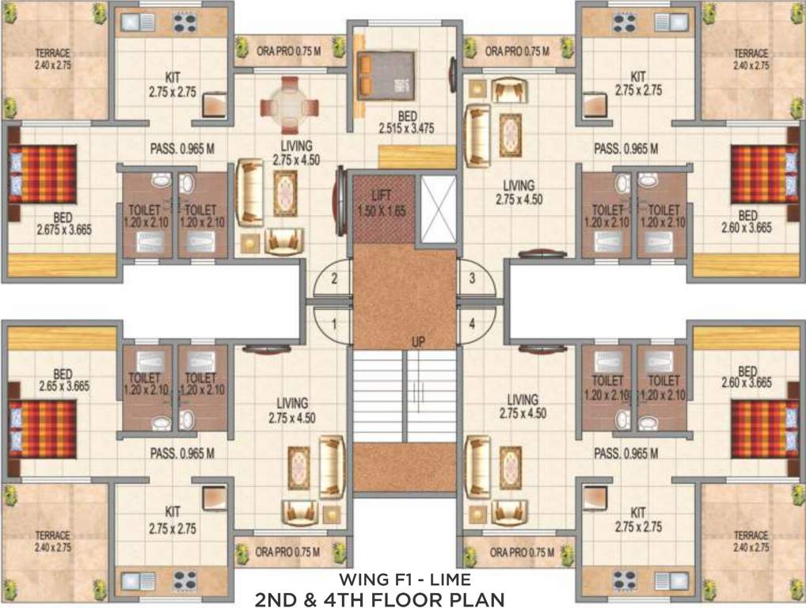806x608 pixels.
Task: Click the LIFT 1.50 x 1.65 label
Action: (382, 199)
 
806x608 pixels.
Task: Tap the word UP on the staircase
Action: (419, 341)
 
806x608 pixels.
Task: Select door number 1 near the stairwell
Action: (335, 324)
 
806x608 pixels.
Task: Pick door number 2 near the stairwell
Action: (335, 279)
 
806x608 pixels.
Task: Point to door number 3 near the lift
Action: (472, 279)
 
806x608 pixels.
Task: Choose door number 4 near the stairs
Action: (472, 324)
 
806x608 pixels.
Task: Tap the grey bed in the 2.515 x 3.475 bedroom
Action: (386, 74)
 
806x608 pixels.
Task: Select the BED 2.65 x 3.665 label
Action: (63, 381)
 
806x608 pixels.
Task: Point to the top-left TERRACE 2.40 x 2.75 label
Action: (52, 59)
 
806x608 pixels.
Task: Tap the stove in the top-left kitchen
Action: (184, 23)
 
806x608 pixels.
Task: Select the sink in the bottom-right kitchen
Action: (674, 583)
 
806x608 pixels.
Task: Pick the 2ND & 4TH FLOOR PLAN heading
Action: (378, 598)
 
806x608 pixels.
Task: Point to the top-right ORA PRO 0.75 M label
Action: (517, 51)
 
